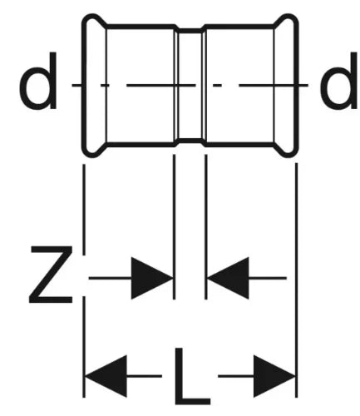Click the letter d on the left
click(39, 81)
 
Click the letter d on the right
click(338, 81)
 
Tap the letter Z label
click(51, 274)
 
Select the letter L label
click(193, 376)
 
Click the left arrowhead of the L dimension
click(106, 376)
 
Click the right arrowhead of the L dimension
click(274, 376)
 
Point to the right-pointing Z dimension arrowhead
click(152, 278)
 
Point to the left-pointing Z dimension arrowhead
click(228, 278)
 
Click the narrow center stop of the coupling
click(190, 86)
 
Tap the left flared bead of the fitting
click(94, 86)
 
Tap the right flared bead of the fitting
click(286, 86)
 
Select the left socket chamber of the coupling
click(141, 86)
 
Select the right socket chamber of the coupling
click(240, 86)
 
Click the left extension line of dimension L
click(84, 280)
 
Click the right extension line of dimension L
click(297, 280)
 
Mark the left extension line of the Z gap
click(174, 227)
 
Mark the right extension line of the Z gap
click(206, 227)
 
